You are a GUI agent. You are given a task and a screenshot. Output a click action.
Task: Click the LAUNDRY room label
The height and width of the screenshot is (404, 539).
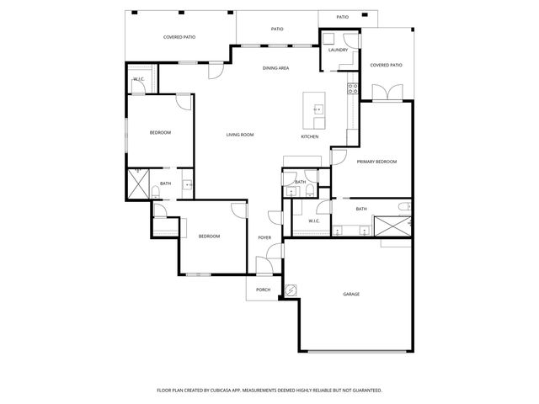pyautogui.click(x=338, y=50)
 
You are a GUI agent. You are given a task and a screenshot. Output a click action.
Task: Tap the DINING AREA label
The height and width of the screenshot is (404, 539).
pyautogui.click(x=276, y=67)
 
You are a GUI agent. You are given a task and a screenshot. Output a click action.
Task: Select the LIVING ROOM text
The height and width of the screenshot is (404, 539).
pyautogui.click(x=239, y=135)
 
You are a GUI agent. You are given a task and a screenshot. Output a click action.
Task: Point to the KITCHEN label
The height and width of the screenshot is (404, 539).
pyautogui.click(x=310, y=136)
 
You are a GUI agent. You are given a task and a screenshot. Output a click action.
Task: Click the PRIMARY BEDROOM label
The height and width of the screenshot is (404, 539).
pyautogui.click(x=376, y=162)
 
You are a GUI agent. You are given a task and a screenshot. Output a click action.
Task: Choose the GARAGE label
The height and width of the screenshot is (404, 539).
pyautogui.click(x=351, y=294)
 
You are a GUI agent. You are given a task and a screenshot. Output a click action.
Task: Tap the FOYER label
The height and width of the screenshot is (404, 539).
pyautogui.click(x=264, y=237)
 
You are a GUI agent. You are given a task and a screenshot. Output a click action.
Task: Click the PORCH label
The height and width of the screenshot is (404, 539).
pyautogui.click(x=263, y=289)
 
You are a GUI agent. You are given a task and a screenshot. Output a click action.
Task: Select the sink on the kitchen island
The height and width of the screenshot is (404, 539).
pyautogui.click(x=318, y=109)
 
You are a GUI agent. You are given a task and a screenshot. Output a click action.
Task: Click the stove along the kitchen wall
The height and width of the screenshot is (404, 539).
pyautogui.click(x=353, y=88)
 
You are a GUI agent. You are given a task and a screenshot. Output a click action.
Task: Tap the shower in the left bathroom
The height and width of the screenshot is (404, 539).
pyautogui.click(x=137, y=183)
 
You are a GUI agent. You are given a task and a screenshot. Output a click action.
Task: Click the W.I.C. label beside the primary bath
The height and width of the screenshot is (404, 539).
pyautogui.click(x=313, y=221)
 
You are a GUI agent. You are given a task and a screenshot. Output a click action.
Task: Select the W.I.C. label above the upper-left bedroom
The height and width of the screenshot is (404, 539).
pyautogui.click(x=139, y=79)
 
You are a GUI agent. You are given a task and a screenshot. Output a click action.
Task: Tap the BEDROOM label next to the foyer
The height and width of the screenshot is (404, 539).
pyautogui.click(x=209, y=237)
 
